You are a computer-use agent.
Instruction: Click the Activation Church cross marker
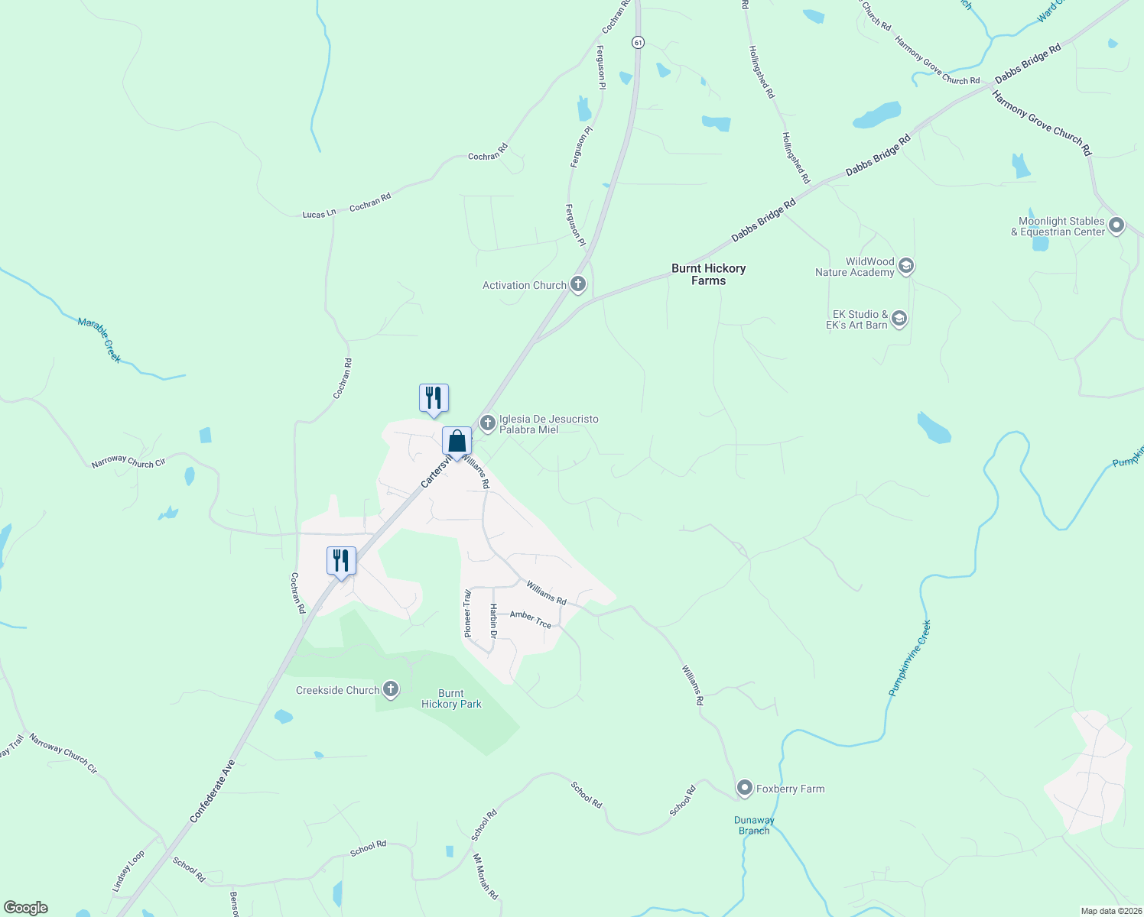[x=578, y=285]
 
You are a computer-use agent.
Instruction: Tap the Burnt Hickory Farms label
[x=708, y=274]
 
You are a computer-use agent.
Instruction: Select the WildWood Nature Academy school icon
[x=906, y=266]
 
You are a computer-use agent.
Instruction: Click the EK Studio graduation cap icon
[x=899, y=319]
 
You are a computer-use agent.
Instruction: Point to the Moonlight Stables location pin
[x=1116, y=225]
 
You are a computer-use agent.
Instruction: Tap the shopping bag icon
[x=457, y=442]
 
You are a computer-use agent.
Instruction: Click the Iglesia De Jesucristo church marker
[x=487, y=423]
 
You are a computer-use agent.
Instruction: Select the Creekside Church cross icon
[x=391, y=689]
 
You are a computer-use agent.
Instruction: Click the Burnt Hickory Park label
[x=451, y=698]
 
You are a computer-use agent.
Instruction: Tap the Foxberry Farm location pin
[x=744, y=788]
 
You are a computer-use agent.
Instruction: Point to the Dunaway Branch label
[x=754, y=825]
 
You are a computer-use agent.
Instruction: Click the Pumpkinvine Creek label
[x=910, y=657]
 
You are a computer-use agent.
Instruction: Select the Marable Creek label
[x=99, y=339]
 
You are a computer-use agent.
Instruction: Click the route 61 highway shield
[x=638, y=43]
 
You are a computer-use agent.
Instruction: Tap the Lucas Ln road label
[x=319, y=214]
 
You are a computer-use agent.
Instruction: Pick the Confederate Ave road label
[x=212, y=790]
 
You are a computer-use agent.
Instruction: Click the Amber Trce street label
[x=531, y=619]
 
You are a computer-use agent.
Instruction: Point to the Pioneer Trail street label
[x=468, y=613]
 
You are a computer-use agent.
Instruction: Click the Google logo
[x=26, y=908]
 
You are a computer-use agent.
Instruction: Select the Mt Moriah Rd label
[x=486, y=876]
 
